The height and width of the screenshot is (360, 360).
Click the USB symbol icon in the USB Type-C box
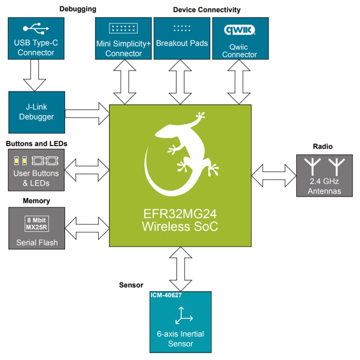pyautogui.click(x=36, y=28)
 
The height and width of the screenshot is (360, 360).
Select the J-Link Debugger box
pyautogui.click(x=36, y=112)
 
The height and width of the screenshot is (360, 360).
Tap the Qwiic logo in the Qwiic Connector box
pyautogui.click(x=240, y=30)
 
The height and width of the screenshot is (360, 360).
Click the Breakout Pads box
pyautogui.click(x=182, y=38)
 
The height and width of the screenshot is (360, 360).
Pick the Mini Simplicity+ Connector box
pyautogui.click(x=123, y=38)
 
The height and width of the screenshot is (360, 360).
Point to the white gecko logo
pyautogui.click(x=180, y=156)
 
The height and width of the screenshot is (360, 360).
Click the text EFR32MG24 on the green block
pyautogui.click(x=180, y=215)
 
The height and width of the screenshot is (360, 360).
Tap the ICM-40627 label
pyautogui.click(x=166, y=296)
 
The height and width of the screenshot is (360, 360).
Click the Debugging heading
pyautogui.click(x=78, y=9)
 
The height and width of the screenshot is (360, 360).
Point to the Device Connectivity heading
pyautogui.click(x=206, y=9)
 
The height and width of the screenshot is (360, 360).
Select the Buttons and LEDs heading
pyautogui.click(x=36, y=143)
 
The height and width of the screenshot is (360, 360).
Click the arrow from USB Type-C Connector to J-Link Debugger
pyautogui.click(x=36, y=76)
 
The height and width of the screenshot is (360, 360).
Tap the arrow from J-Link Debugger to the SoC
pyautogui.click(x=87, y=112)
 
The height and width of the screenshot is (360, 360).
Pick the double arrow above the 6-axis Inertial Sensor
pyautogui.click(x=180, y=269)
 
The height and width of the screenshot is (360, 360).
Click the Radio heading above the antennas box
pyautogui.click(x=322, y=146)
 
